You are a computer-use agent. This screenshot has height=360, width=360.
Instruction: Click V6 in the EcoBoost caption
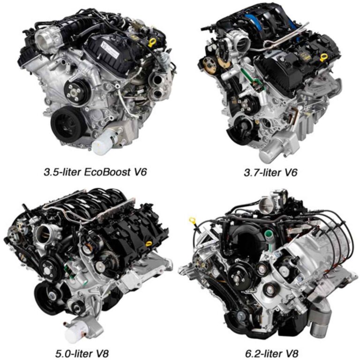click(139, 172)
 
